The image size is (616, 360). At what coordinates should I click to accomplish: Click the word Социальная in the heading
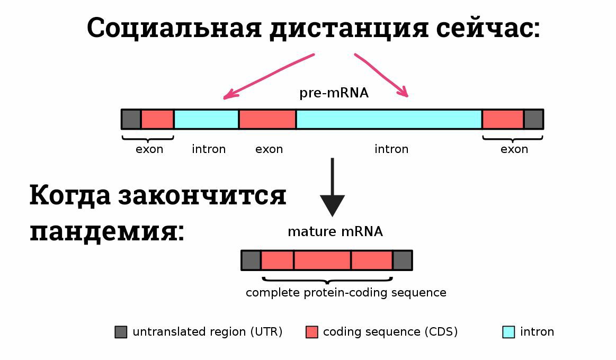tap(174, 28)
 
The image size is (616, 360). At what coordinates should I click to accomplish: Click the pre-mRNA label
tap(334, 93)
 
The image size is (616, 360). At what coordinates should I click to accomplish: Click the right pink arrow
tap(381, 75)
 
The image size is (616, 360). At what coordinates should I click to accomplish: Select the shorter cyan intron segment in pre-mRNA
tap(206, 119)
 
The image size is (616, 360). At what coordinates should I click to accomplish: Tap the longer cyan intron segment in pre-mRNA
tap(389, 119)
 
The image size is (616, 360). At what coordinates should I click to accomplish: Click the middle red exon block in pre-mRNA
tap(267, 119)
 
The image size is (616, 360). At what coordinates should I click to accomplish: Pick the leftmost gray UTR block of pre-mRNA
tap(131, 119)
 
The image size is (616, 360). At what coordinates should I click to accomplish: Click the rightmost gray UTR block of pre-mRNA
tap(533, 119)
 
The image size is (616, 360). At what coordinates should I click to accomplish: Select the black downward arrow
tap(332, 187)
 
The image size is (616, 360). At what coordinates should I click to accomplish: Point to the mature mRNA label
tap(335, 232)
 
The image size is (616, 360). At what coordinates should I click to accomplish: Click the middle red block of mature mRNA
tap(322, 260)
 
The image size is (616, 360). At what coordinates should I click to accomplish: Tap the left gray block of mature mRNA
tap(251, 260)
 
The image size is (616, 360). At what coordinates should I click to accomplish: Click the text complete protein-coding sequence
tap(346, 293)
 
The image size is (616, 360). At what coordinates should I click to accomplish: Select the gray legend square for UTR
tap(121, 332)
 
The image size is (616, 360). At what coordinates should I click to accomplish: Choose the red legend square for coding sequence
tap(311, 332)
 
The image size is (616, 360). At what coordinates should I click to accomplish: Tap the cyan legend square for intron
tap(509, 332)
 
